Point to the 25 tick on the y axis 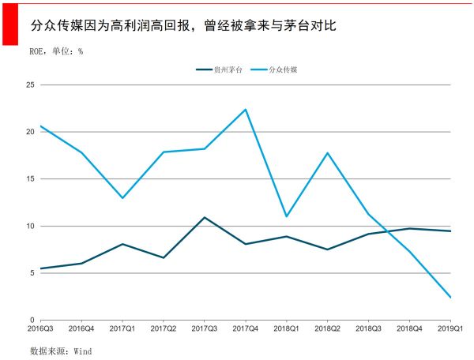pos(30,84)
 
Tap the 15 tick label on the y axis pos(30,179)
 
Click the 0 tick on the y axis pos(32,321)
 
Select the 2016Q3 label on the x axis pos(40,328)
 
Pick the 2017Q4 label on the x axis pos(246,328)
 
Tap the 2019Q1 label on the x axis pos(450,328)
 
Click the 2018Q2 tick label pos(327,328)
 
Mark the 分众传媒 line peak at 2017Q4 pos(246,110)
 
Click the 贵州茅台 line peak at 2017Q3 pos(205,217)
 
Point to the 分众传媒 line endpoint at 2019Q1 pos(450,298)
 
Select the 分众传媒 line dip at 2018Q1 pos(286,216)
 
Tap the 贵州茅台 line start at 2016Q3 pos(40,268)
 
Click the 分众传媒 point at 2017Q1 pos(122,197)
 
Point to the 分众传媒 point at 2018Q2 pos(327,152)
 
